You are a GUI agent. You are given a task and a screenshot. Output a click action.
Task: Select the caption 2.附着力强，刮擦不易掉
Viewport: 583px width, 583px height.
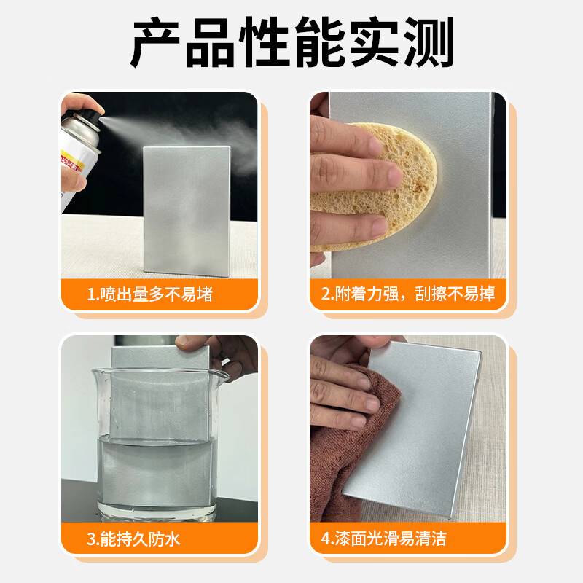tap(408, 294)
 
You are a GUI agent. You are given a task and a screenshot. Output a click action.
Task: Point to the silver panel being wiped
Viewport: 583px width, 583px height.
tap(415, 423)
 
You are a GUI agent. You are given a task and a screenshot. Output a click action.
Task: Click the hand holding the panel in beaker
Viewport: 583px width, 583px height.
tap(233, 357)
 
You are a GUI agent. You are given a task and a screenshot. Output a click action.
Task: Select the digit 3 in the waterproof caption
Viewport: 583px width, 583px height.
tap(91, 539)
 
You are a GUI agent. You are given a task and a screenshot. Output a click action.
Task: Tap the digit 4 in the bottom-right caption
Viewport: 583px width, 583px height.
tap(325, 539)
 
